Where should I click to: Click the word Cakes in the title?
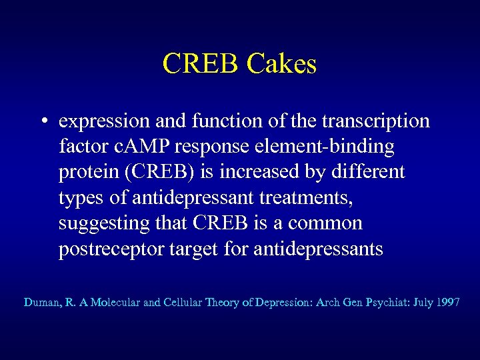click(281, 65)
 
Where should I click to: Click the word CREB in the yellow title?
click(201, 65)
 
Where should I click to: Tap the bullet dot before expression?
click(42, 123)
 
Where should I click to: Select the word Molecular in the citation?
click(115, 303)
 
